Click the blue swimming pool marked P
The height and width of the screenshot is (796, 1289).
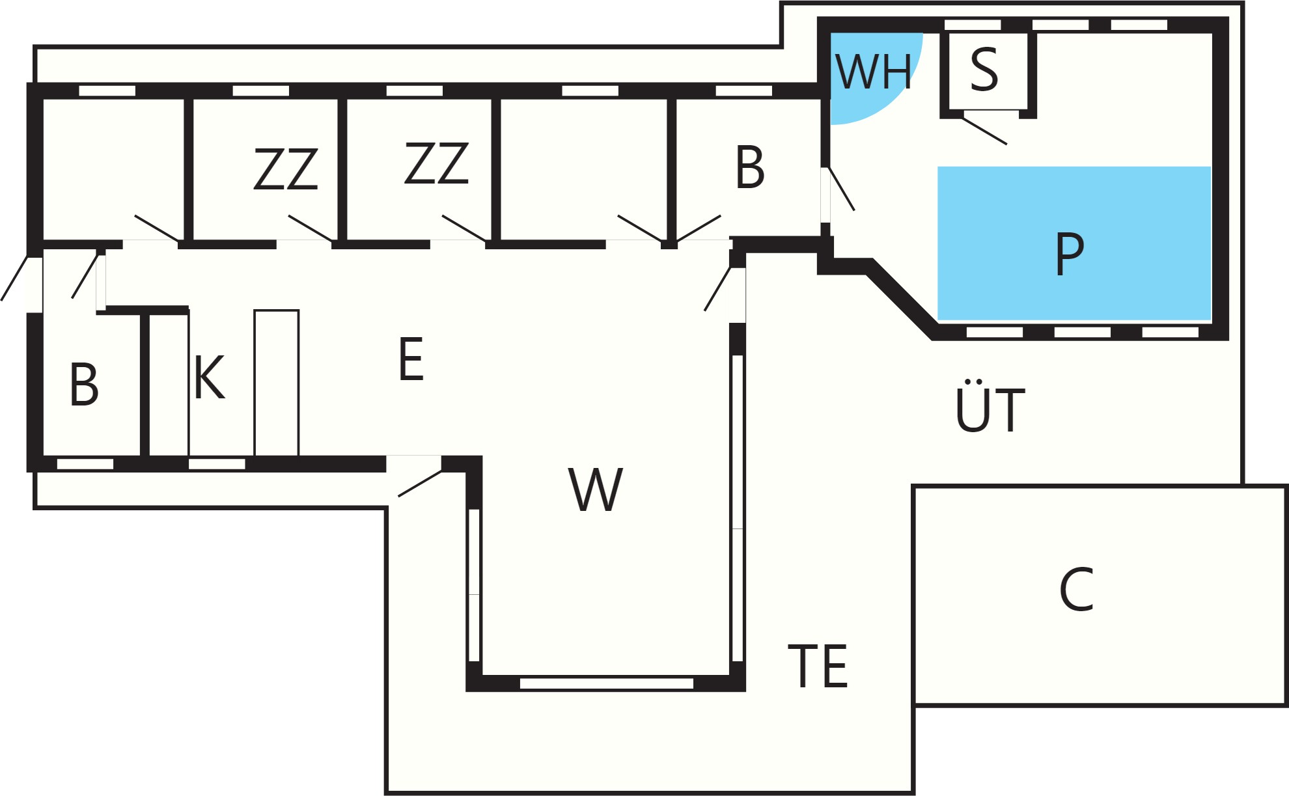point(1074,243)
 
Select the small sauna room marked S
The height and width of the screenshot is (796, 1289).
point(988,71)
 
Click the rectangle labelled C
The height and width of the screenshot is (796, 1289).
point(1101,595)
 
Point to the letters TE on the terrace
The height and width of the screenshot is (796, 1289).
point(818,666)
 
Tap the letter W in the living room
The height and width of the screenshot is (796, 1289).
point(596,489)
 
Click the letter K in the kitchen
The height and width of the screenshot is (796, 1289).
point(209,377)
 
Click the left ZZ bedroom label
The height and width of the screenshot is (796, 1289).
point(286,169)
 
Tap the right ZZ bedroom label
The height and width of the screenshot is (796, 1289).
point(436,163)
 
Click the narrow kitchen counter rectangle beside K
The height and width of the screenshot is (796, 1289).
point(277,383)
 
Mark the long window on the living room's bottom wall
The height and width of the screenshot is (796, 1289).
point(607,683)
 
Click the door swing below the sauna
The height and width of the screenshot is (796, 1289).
point(984,131)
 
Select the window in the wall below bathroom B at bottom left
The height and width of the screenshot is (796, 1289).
point(85,464)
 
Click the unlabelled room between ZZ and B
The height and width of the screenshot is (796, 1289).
point(583,169)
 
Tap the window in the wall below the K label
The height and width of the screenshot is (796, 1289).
point(217,464)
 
